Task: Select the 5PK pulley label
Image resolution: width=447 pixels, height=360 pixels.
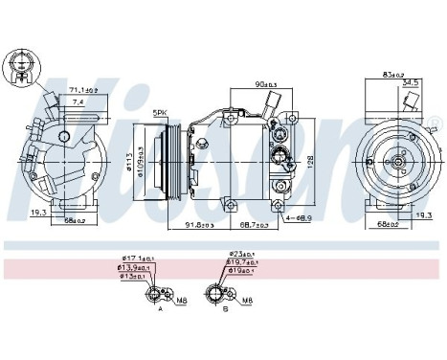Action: tap(161, 113)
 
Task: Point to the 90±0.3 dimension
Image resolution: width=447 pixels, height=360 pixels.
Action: tap(253, 85)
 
